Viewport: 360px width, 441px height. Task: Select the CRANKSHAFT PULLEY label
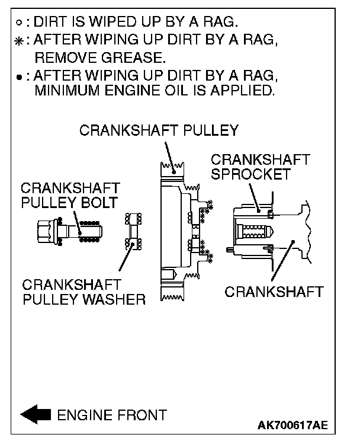coord(159,130)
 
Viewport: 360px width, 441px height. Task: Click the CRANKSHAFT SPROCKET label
coord(260,167)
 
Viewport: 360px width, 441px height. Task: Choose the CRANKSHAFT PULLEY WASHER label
coord(83,292)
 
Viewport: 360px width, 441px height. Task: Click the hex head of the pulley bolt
coord(47,231)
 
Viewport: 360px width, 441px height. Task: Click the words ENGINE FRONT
coord(112,415)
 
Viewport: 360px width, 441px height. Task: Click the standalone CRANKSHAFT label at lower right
coord(274,292)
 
